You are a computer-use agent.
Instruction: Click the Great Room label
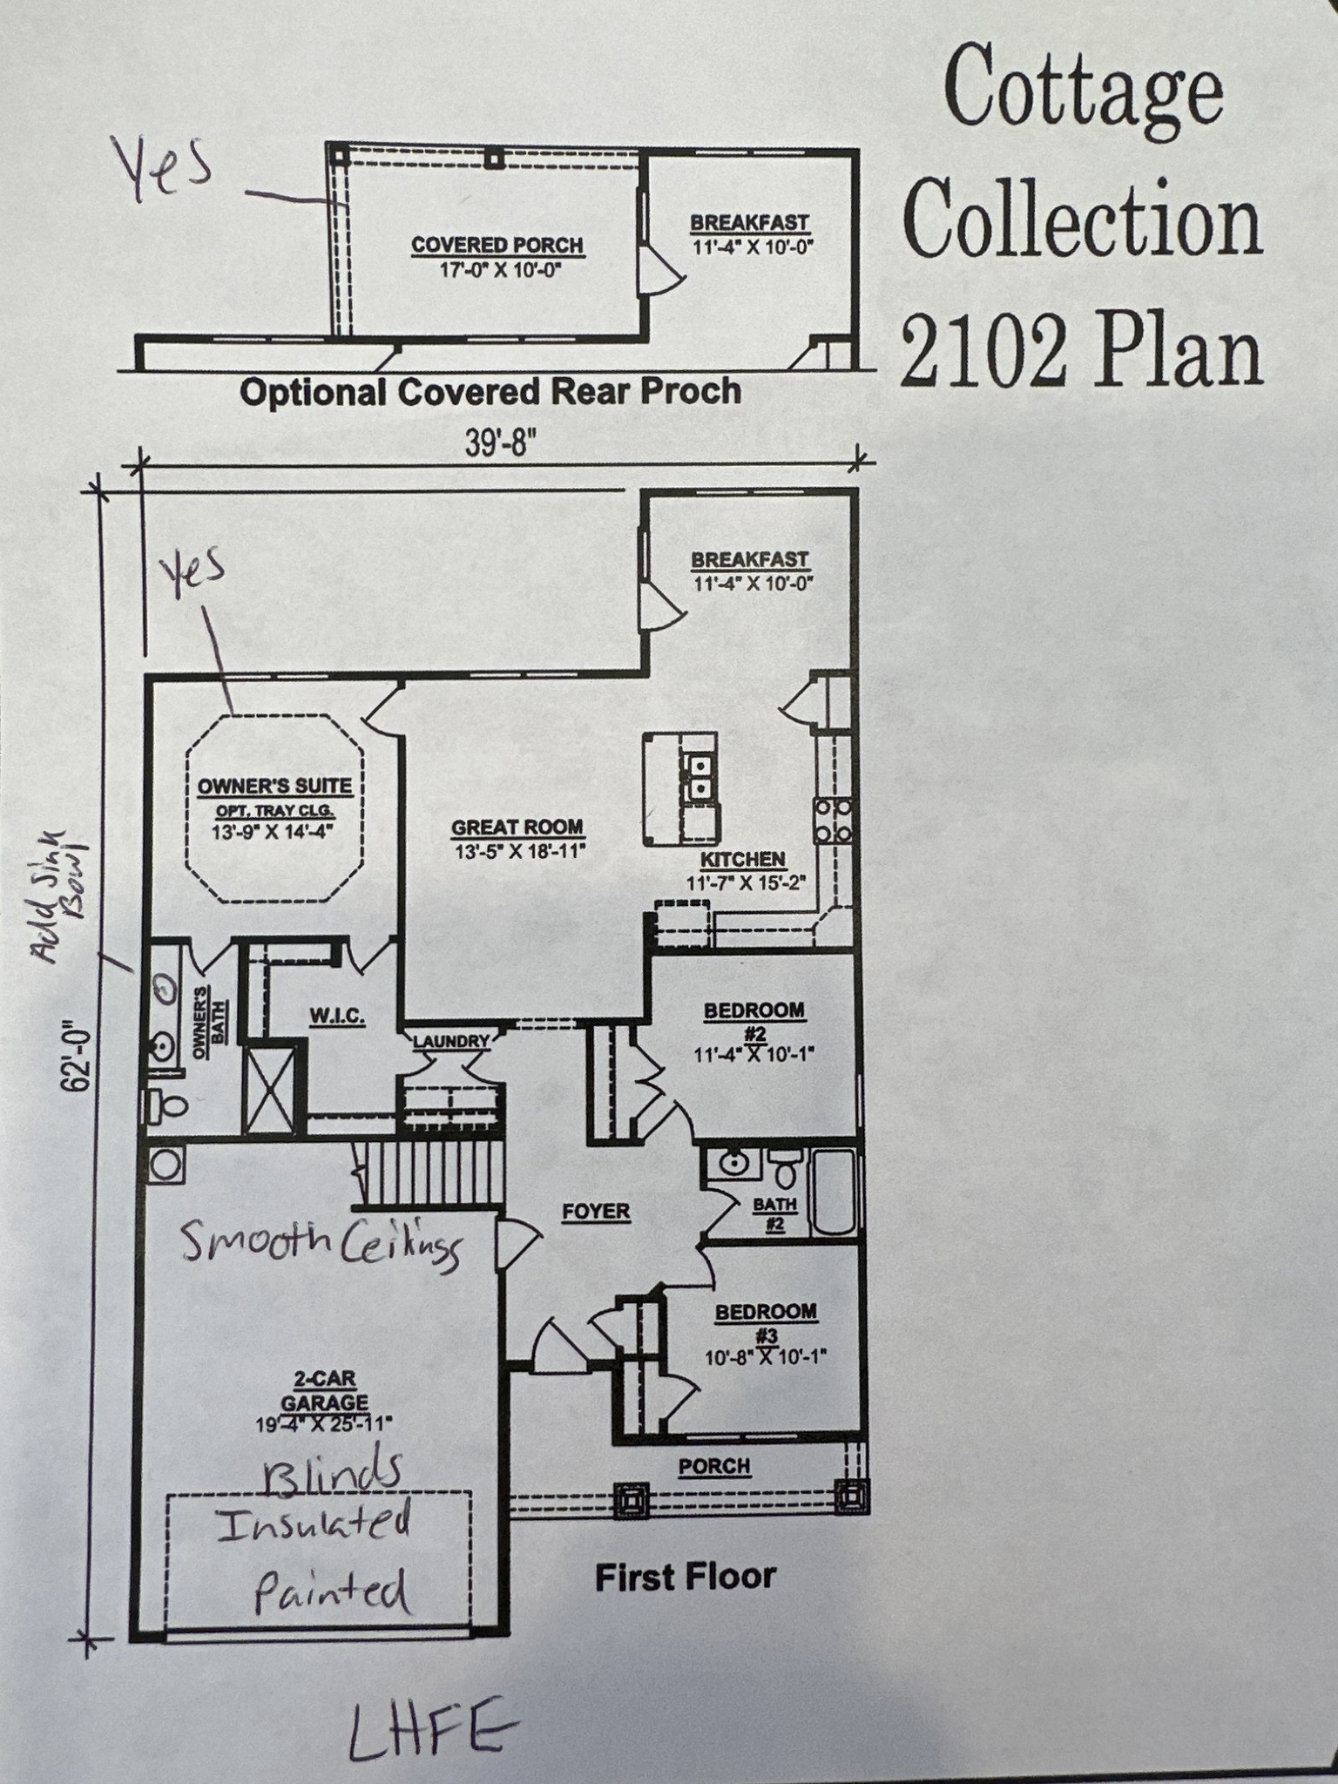click(x=517, y=828)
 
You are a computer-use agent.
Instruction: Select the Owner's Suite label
click(x=274, y=786)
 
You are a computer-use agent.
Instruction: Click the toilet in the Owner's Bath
click(x=167, y=1106)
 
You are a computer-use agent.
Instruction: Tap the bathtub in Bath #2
click(x=834, y=1191)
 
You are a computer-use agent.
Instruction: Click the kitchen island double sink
click(x=699, y=777)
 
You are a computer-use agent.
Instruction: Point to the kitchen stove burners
click(x=833, y=821)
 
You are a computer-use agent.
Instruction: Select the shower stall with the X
click(x=270, y=1089)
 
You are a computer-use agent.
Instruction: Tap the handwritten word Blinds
click(x=333, y=1470)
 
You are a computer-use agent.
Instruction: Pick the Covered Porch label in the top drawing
click(x=497, y=246)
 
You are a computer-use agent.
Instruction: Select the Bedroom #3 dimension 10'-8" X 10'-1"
click(x=766, y=1356)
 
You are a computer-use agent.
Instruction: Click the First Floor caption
click(x=685, y=1577)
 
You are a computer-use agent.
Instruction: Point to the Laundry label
click(x=451, y=1041)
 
